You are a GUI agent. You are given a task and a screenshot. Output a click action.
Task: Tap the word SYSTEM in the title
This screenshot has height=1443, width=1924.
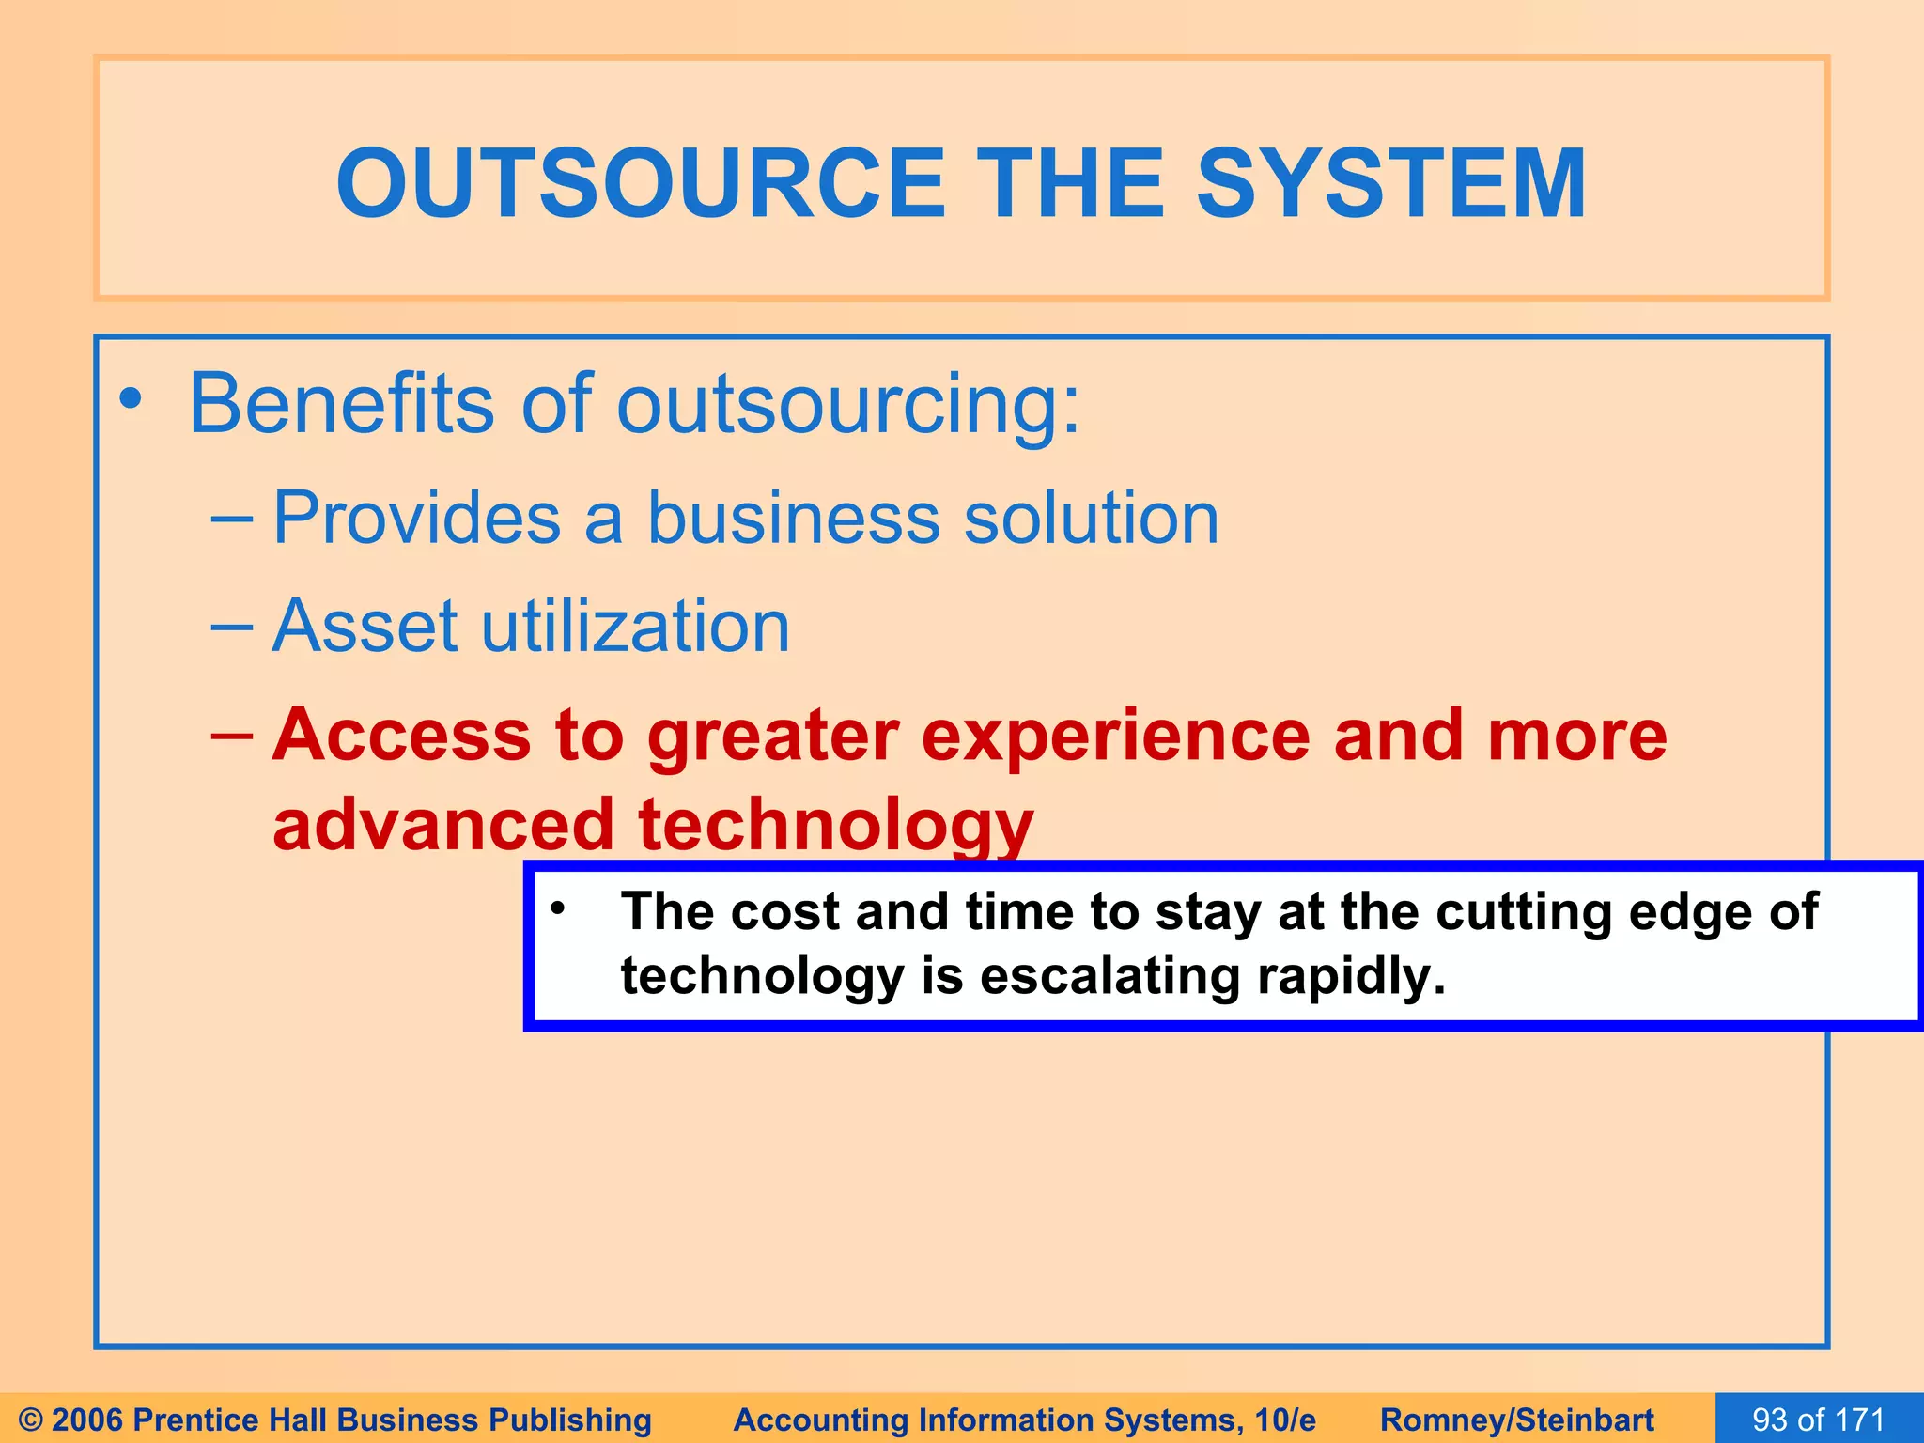pos(1390,184)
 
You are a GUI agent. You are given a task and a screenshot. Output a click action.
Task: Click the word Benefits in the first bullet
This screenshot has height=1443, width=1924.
pos(340,404)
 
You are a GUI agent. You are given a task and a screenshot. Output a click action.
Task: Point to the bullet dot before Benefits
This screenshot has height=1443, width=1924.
pos(131,400)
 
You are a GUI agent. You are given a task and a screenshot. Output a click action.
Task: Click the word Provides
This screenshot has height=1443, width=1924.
pos(416,519)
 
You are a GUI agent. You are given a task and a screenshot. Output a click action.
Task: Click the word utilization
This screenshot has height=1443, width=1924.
pos(635,627)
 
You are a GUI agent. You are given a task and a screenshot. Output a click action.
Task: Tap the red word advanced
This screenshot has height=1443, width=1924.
pos(442,825)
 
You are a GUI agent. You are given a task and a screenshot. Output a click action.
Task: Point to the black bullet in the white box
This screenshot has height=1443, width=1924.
pos(558,908)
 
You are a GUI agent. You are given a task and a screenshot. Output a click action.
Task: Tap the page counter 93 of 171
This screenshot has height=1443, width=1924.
pos(1819,1420)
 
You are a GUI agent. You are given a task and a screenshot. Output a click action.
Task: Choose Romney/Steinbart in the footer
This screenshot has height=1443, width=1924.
pos(1517,1420)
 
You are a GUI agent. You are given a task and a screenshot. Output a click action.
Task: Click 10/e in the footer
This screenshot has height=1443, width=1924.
pos(1285,1420)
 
